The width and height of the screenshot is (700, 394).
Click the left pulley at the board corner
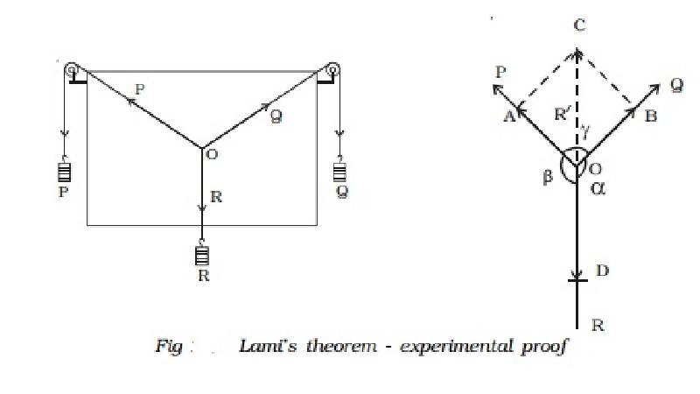pyautogui.click(x=72, y=68)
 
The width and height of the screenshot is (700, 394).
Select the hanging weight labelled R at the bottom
pyautogui.click(x=203, y=256)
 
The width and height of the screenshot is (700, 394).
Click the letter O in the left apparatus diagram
pyautogui.click(x=211, y=156)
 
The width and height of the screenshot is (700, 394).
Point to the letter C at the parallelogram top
pyautogui.click(x=578, y=27)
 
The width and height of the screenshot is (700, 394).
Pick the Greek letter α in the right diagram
pyautogui.click(x=598, y=189)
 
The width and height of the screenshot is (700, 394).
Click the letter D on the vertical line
pyautogui.click(x=601, y=271)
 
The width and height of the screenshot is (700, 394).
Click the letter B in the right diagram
pyautogui.click(x=650, y=116)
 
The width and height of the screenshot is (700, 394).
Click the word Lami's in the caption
pyautogui.click(x=267, y=347)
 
